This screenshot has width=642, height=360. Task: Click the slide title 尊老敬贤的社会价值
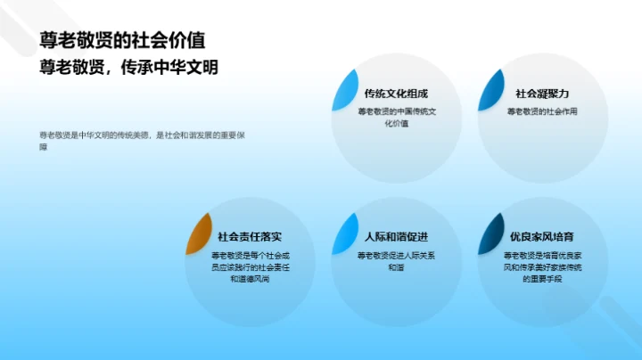(x=121, y=40)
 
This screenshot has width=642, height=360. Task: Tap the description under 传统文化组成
(x=396, y=118)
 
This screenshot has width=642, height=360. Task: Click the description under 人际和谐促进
(x=396, y=261)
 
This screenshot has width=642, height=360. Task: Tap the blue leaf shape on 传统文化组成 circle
(x=344, y=89)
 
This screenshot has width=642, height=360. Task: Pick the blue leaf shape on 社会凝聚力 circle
(x=490, y=89)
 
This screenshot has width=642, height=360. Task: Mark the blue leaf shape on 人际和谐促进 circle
(x=344, y=233)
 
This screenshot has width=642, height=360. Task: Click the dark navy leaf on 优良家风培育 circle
(x=490, y=233)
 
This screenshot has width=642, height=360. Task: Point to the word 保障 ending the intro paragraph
(x=44, y=146)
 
